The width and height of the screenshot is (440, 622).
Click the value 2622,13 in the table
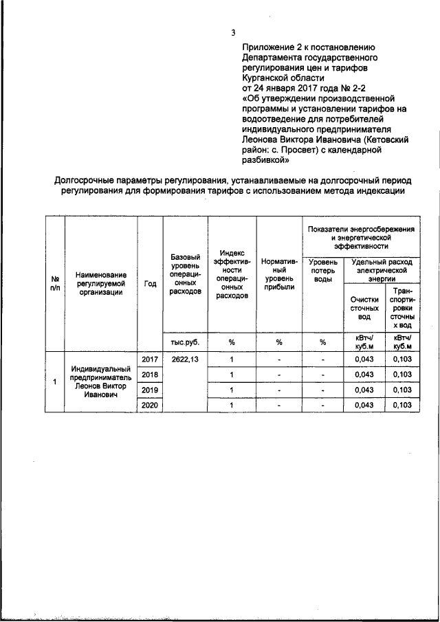point(185,359)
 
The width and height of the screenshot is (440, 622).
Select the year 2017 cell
point(149,359)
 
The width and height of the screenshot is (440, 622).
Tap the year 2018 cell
point(149,375)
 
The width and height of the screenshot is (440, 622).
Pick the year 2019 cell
point(149,390)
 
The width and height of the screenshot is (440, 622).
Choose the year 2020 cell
point(149,406)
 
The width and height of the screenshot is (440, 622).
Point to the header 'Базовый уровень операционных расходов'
point(185,275)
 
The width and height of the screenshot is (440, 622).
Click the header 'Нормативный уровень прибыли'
point(279,275)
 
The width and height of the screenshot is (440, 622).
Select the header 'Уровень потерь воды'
point(323,274)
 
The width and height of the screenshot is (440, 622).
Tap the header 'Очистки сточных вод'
point(364,308)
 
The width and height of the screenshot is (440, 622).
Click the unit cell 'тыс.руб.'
point(185,342)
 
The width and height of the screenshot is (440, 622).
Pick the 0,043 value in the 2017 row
point(364,359)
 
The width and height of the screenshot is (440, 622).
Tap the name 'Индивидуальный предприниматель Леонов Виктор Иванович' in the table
point(100,382)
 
